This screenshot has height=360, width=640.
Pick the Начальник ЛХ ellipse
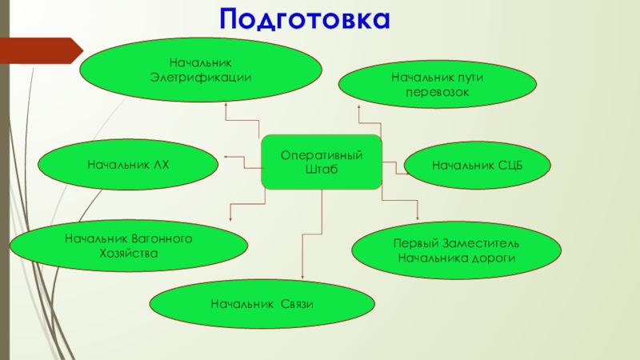pyautogui.click(x=129, y=165)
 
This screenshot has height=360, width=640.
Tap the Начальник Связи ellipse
pyautogui.click(x=262, y=304)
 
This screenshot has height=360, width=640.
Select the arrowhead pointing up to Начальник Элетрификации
pyautogui.click(x=226, y=104)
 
